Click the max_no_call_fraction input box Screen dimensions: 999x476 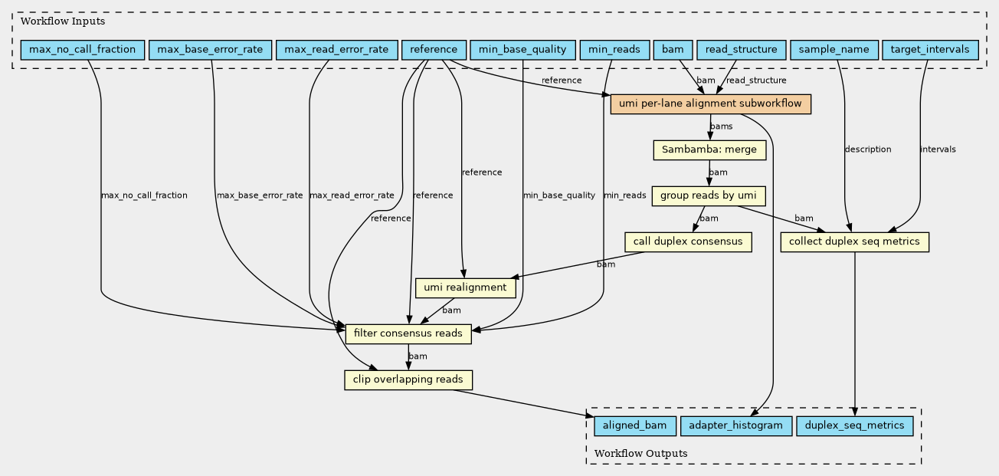click(83, 50)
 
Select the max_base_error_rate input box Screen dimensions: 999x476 click(210, 50)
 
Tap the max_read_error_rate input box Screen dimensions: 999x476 click(337, 50)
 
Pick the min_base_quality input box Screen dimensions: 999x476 click(522, 50)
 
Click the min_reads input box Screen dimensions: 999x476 click(614, 50)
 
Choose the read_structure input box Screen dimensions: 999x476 click(742, 50)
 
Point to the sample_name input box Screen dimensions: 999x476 click(834, 50)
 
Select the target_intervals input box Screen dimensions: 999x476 click(930, 50)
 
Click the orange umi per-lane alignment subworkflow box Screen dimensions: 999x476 click(710, 104)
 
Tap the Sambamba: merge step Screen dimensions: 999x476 click(709, 150)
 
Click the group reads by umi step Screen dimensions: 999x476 click(709, 196)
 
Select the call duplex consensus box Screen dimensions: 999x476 click(688, 241)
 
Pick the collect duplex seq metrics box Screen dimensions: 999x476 click(854, 241)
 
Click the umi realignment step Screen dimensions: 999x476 click(466, 287)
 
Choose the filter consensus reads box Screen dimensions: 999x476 click(408, 333)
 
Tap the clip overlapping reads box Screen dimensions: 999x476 click(408, 379)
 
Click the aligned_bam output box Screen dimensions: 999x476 click(635, 425)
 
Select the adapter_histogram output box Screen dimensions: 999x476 click(736, 425)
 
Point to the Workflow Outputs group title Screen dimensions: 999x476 click(641, 453)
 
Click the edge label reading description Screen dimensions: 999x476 click(868, 149)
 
